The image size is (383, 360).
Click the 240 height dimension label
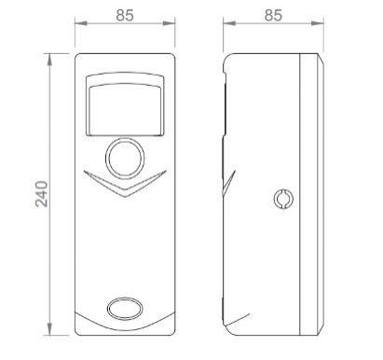click(41, 194)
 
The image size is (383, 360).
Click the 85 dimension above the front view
click(125, 15)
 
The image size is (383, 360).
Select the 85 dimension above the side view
click(273, 15)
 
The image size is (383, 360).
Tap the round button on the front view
click(125, 158)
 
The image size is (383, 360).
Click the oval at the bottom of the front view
click(125, 309)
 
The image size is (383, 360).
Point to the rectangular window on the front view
click(125, 104)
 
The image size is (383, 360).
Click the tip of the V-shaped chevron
click(125, 197)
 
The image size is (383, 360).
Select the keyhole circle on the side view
click(284, 199)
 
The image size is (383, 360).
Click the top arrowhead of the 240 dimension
click(49, 60)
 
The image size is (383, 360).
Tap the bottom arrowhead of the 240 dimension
click(49, 329)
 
